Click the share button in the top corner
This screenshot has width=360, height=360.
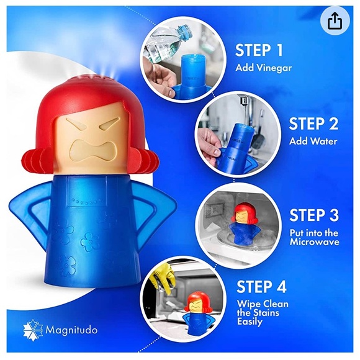click(335, 21)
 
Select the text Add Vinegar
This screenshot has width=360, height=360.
click(263, 68)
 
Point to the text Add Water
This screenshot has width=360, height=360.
click(313, 141)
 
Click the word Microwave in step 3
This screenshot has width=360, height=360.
click(314, 241)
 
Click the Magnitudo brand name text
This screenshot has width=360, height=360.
click(71, 329)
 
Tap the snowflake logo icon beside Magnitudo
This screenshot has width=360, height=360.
click(32, 329)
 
